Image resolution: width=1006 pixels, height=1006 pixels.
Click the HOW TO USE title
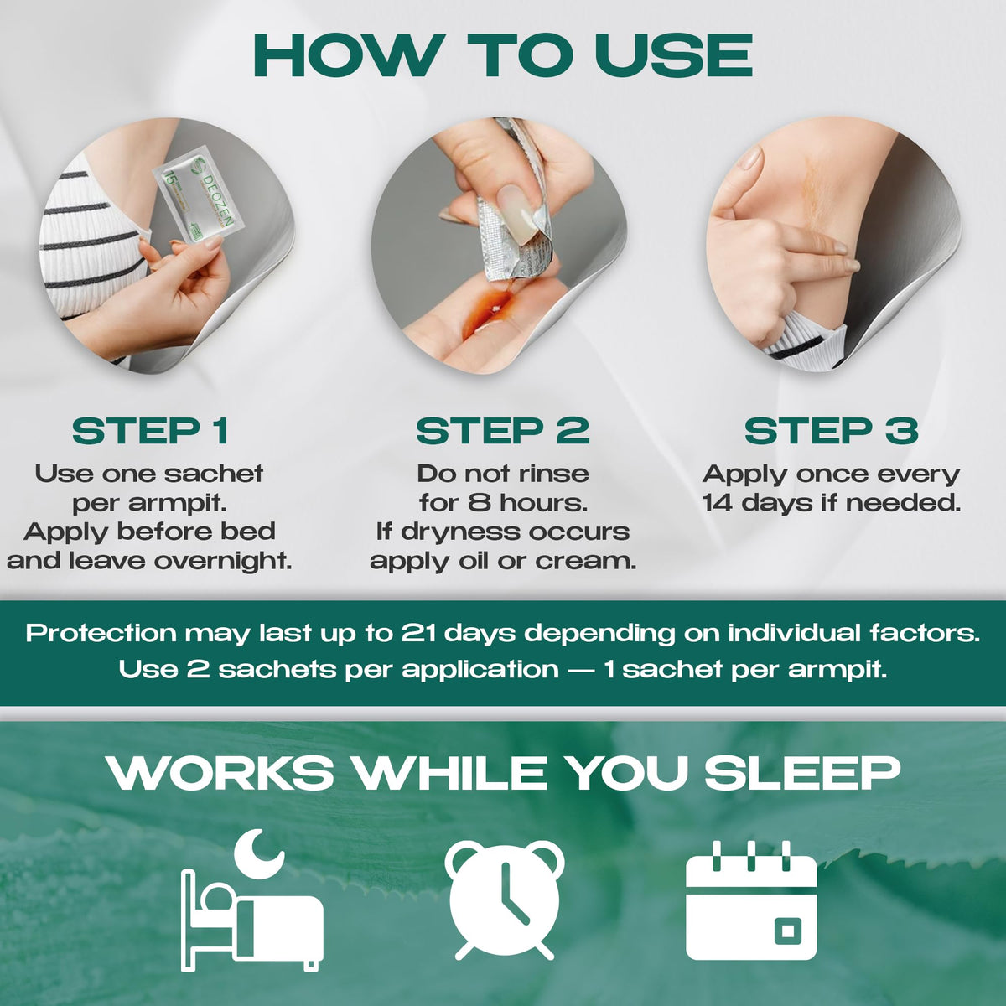[x=502, y=56]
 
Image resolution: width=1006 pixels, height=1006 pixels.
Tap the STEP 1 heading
[x=150, y=431]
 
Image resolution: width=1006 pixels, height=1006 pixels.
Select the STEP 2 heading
[x=502, y=431]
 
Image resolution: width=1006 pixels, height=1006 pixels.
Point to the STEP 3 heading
[x=831, y=431]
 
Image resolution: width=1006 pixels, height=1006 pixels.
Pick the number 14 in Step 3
[x=718, y=503]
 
